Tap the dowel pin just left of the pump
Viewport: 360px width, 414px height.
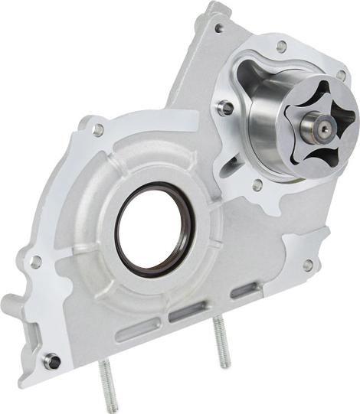[x=226, y=109]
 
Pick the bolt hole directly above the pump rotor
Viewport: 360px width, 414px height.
[x=282, y=46]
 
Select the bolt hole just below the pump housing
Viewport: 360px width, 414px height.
[x=258, y=184]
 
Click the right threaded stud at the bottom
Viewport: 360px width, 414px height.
[x=222, y=344]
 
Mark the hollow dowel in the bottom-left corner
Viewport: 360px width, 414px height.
[x=51, y=360]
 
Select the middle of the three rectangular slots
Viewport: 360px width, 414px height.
[x=187, y=311]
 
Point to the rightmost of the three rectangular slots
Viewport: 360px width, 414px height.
[x=244, y=289]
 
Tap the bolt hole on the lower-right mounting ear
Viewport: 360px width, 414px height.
[x=308, y=265]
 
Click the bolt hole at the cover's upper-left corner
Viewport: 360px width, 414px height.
[x=98, y=131]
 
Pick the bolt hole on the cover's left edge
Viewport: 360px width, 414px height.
[x=34, y=262]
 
